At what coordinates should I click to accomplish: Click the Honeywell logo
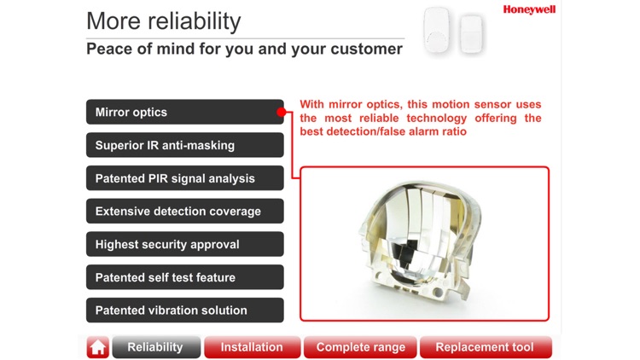pos(529,9)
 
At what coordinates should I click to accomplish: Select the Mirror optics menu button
pos(184,112)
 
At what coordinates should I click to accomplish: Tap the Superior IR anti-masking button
pos(184,145)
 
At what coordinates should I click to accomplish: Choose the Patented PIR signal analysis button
pos(184,178)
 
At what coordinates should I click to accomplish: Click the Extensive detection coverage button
pos(184,212)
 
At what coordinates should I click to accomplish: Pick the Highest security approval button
pos(184,244)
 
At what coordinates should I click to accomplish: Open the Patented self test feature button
pos(184,277)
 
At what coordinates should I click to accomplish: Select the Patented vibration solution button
pos(184,311)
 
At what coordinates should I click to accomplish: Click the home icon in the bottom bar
pos(97,347)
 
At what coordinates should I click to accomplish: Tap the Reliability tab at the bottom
pos(156,347)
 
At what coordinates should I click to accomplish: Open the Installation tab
pos(252,347)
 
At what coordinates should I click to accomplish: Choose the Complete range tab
pos(360,347)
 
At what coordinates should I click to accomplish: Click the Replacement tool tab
pos(485,347)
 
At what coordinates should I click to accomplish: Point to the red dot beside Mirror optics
pos(281,112)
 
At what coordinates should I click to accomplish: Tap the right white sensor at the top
pos(471,33)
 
